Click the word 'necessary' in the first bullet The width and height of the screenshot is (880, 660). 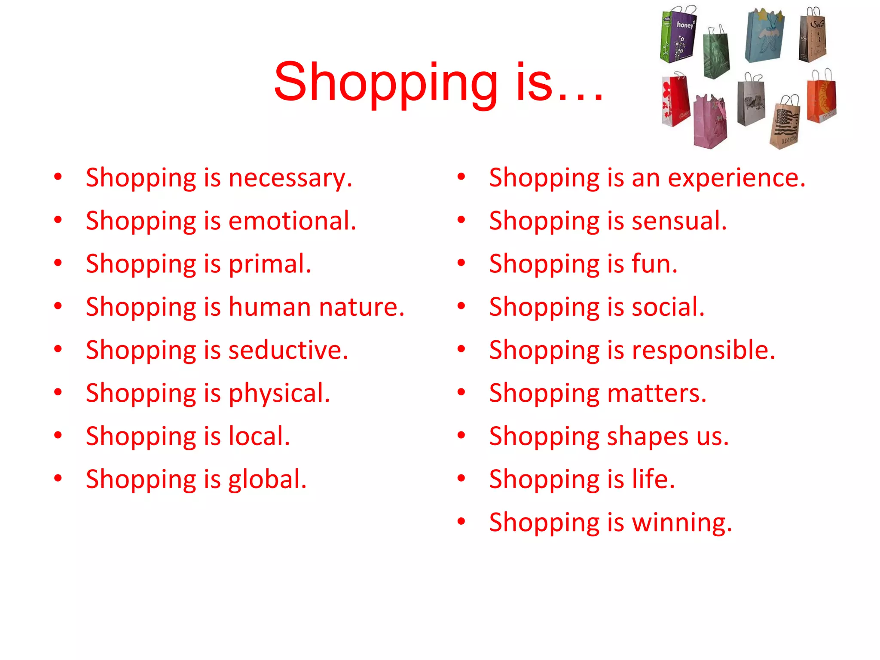290,178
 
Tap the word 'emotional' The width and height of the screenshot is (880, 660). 292,221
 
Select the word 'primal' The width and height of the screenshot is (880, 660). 269,264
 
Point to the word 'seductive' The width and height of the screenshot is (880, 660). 288,350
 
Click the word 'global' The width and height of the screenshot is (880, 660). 267,480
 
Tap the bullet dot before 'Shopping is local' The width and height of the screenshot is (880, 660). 58,435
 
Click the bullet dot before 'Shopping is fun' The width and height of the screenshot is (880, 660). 461,263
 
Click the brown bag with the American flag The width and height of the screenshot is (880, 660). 785,125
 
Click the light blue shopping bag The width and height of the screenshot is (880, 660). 764,37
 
